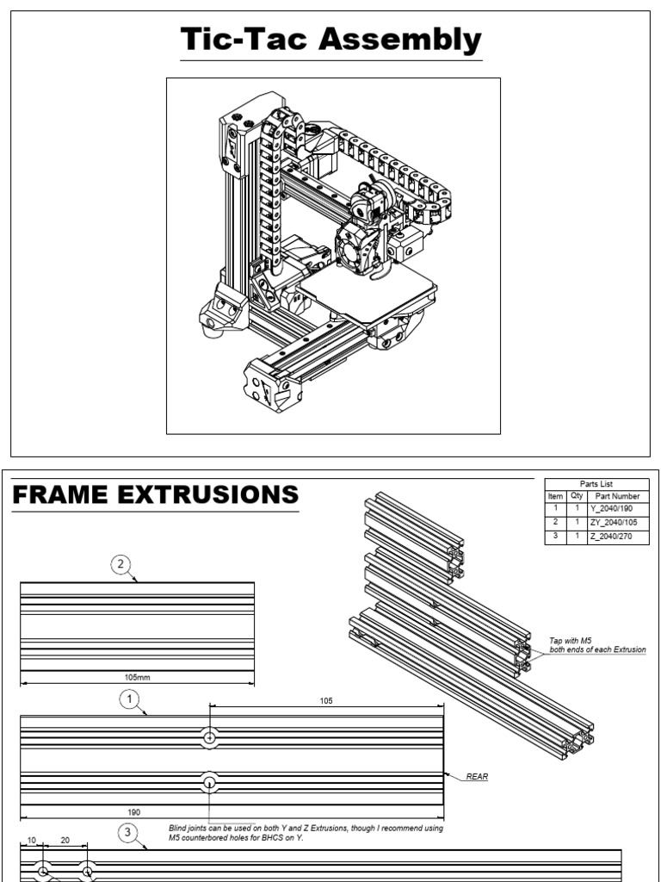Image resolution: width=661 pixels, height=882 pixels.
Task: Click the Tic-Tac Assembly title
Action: tap(330, 40)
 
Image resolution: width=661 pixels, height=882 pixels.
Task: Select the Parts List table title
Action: tap(597, 484)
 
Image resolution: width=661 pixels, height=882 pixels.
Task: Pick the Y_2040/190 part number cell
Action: tap(617, 509)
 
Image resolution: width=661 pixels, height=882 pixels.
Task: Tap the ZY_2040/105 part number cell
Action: tap(617, 523)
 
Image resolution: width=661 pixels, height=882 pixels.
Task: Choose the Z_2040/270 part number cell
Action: tap(617, 536)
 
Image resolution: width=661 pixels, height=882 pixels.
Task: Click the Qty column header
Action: tap(576, 496)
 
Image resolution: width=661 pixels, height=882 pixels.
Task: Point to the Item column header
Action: tap(555, 496)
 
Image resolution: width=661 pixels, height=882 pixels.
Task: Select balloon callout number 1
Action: tap(130, 700)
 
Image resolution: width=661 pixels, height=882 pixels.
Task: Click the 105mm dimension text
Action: tap(137, 677)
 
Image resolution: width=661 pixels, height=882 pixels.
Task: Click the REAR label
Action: tap(477, 777)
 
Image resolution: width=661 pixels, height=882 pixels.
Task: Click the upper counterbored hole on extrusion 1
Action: tap(210, 737)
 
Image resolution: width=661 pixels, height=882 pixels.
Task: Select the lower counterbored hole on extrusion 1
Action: tap(210, 781)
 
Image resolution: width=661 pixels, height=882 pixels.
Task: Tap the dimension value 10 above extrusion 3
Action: tap(32, 841)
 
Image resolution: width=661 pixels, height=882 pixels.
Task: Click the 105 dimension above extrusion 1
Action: tap(325, 701)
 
